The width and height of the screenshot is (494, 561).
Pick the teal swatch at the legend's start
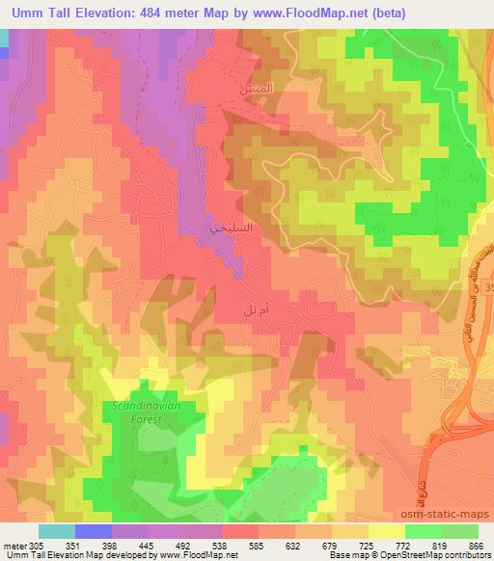pos(57,530)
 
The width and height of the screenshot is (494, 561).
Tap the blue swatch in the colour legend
pos(94,530)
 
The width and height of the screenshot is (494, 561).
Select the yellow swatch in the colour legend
pos(387,530)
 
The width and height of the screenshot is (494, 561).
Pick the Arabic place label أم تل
pos(254,312)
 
